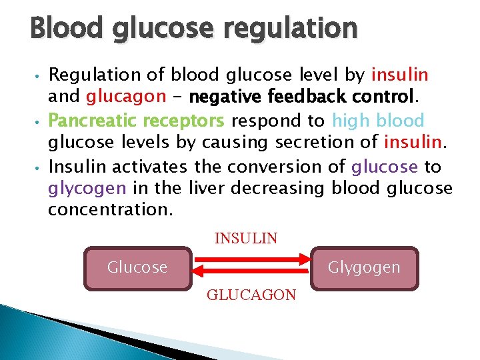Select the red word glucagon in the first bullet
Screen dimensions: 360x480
[125, 97]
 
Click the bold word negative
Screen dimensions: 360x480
[227, 97]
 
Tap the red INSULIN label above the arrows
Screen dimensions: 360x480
[246, 238]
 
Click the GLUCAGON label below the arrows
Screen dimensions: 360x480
[251, 295]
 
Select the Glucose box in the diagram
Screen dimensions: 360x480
[137, 268]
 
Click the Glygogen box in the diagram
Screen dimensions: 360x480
[364, 268]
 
